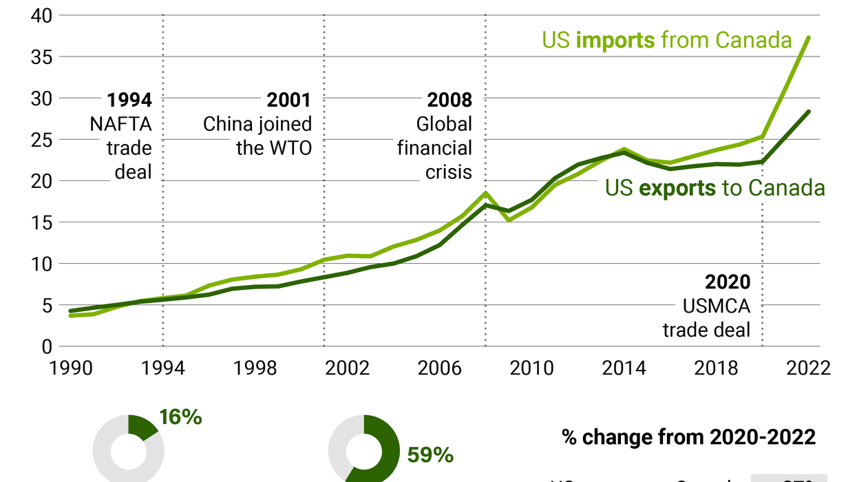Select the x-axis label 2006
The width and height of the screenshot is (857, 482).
point(439,368)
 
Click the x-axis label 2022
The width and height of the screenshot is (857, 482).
point(807,368)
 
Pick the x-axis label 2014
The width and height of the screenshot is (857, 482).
point(624,368)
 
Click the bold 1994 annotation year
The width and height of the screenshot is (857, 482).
point(129,101)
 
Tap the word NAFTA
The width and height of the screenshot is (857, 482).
point(120,125)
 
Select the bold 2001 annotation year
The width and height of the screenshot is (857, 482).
point(289,101)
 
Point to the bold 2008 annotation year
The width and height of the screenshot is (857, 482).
point(449,101)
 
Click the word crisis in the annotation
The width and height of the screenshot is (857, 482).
point(449,171)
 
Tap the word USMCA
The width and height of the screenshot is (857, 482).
point(716,306)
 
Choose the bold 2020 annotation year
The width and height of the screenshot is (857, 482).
point(728,282)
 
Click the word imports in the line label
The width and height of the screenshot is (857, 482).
point(615,40)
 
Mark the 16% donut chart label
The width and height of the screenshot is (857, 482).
point(180,417)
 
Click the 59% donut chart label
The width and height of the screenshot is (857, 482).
point(430,455)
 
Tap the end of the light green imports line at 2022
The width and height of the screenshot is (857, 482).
point(808,37)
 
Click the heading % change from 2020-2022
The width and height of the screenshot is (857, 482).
point(688,437)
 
